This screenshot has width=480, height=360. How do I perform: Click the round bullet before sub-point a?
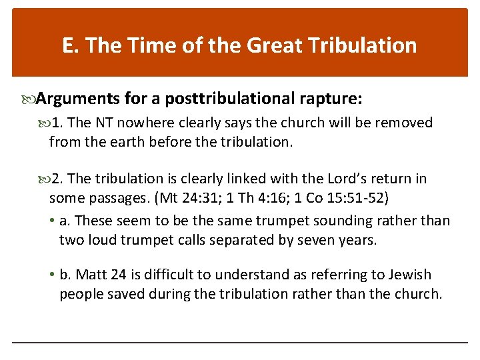pos(53,221)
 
